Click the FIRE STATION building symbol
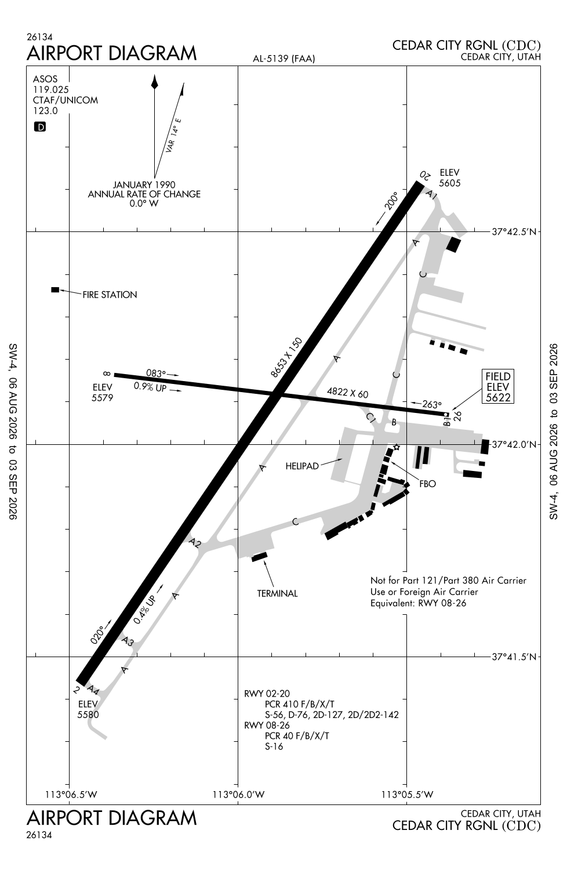click(x=55, y=290)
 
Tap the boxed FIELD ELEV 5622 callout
click(x=498, y=386)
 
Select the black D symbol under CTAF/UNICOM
click(x=40, y=126)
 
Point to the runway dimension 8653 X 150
click(x=286, y=358)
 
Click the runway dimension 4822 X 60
click(x=348, y=393)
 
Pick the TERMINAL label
click(x=277, y=593)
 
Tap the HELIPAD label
click(x=302, y=466)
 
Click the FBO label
click(x=428, y=484)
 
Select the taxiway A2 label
click(x=195, y=543)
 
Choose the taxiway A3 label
click(x=128, y=641)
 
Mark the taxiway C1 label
click(x=371, y=418)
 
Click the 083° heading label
click(x=156, y=374)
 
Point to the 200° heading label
click(x=391, y=201)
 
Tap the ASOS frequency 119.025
click(x=51, y=89)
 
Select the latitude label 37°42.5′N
click(x=514, y=232)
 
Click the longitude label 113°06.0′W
click(x=238, y=795)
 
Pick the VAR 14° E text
click(x=173, y=135)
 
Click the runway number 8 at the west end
click(x=107, y=374)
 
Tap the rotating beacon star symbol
click(x=396, y=447)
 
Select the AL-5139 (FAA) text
click(x=284, y=59)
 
